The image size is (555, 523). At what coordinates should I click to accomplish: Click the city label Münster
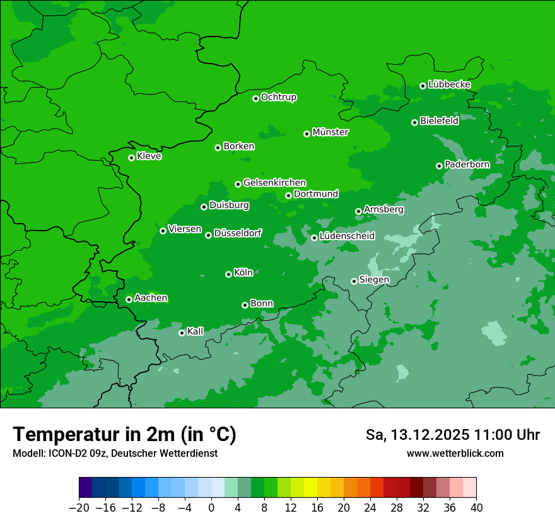pyautogui.click(x=330, y=132)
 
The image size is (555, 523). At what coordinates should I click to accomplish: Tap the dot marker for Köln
pyautogui.click(x=228, y=274)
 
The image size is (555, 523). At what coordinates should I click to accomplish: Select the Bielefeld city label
pyautogui.click(x=439, y=121)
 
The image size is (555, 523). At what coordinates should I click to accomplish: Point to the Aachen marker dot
pyautogui.click(x=129, y=299)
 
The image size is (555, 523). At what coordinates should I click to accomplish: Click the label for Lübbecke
pyautogui.click(x=449, y=84)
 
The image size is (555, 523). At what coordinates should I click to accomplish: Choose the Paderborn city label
pyautogui.click(x=467, y=164)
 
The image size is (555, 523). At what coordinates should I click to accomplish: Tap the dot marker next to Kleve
pyautogui.click(x=131, y=158)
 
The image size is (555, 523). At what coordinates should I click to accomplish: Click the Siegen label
pyautogui.click(x=374, y=280)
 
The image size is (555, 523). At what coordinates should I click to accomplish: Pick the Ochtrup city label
pyautogui.click(x=278, y=97)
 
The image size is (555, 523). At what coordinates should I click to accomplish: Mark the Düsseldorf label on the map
pyautogui.click(x=238, y=234)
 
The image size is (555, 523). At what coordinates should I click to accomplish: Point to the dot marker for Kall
pyautogui.click(x=182, y=333)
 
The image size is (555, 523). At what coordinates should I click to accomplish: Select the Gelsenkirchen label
pyautogui.click(x=274, y=183)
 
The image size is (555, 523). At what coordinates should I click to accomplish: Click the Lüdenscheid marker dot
pyautogui.click(x=314, y=238)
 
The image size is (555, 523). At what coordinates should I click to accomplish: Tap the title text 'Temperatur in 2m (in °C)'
pyautogui.click(x=124, y=435)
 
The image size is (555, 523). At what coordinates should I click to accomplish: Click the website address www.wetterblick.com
pyautogui.click(x=455, y=453)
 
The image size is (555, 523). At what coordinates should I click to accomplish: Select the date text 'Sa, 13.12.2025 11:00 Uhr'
pyautogui.click(x=452, y=435)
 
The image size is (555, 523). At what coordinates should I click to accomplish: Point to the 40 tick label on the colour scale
pyautogui.click(x=476, y=508)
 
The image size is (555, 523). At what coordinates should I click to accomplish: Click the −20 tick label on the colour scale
pyautogui.click(x=79, y=508)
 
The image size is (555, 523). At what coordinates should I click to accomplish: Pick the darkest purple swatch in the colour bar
pyautogui.click(x=86, y=487)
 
